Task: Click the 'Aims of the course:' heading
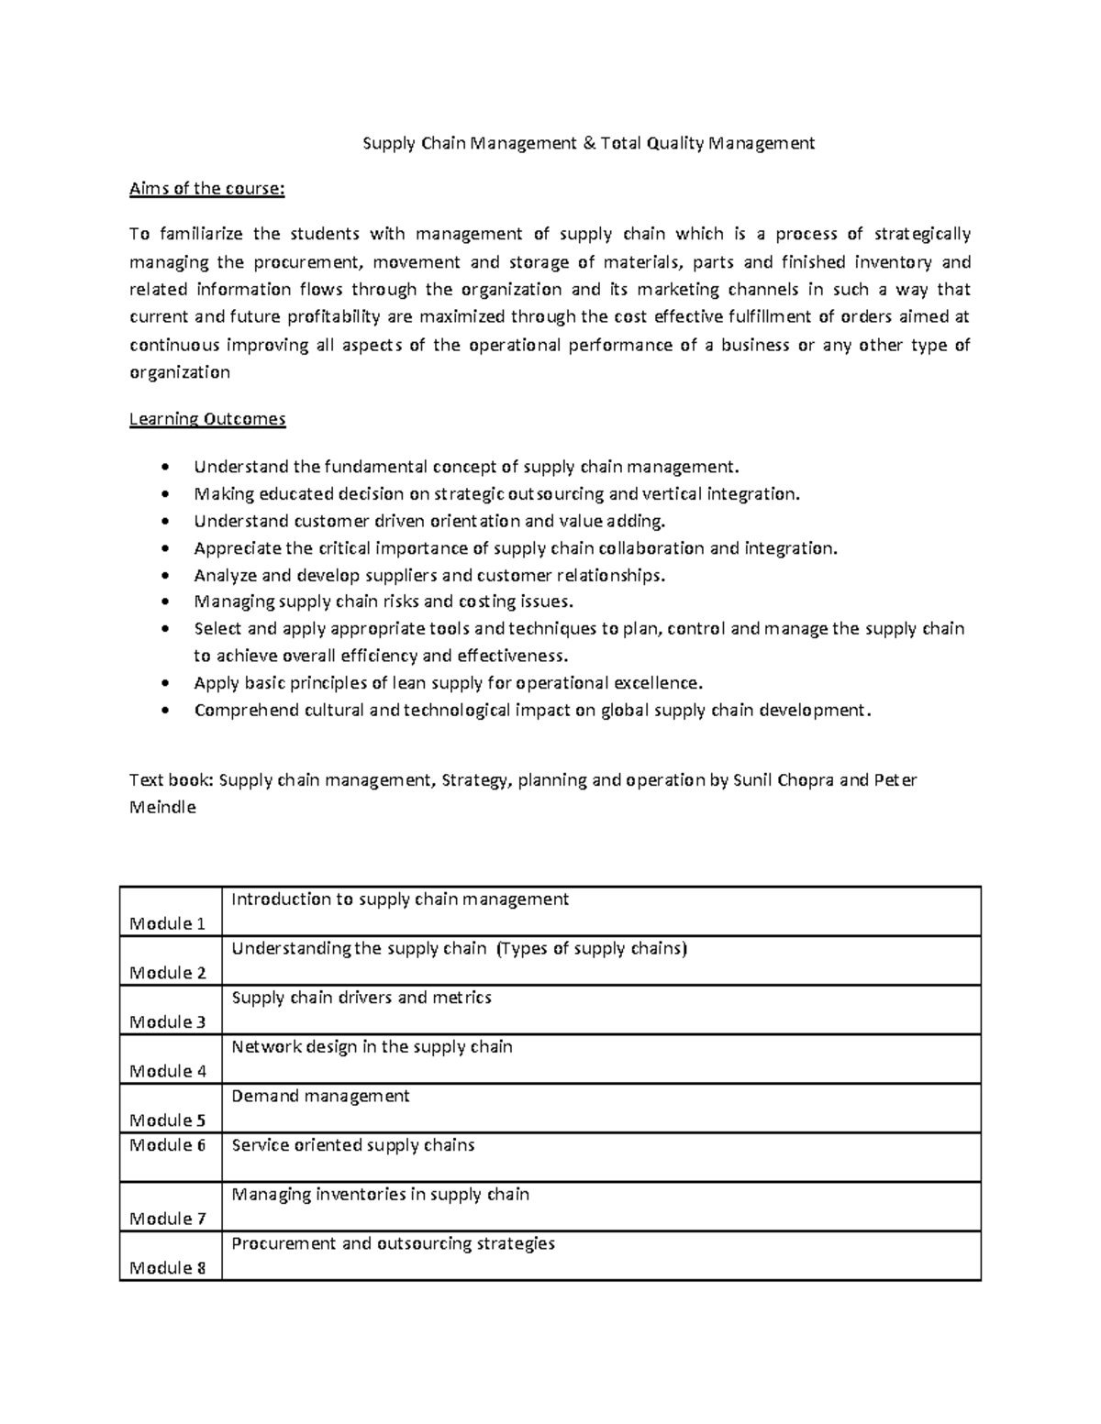tap(207, 189)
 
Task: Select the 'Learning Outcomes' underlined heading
tap(207, 419)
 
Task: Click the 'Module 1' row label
tap(167, 923)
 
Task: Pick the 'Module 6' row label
tap(167, 1144)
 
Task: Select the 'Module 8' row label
tap(167, 1268)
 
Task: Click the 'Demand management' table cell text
tap(320, 1096)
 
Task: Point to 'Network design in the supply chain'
tap(372, 1046)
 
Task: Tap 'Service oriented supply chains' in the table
tap(353, 1144)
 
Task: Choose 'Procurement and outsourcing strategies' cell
tap(393, 1243)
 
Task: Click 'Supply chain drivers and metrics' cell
tap(361, 997)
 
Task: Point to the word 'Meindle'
tap(162, 808)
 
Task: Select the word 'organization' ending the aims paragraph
tap(180, 372)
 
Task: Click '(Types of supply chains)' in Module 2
tap(591, 948)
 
